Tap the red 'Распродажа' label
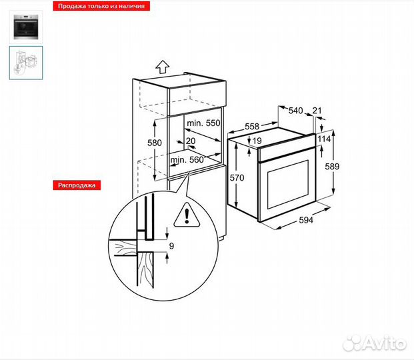pyautogui.click(x=77, y=185)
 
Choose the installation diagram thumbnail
pyautogui.click(x=26, y=62)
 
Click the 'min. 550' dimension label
pyautogui.click(x=203, y=123)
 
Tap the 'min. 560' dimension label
pyautogui.click(x=187, y=160)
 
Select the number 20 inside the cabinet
pyautogui.click(x=191, y=141)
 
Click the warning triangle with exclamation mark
pyautogui.click(x=188, y=215)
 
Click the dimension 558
pyautogui.click(x=253, y=125)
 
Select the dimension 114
pyautogui.click(x=324, y=139)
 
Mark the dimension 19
pyautogui.click(x=257, y=141)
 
